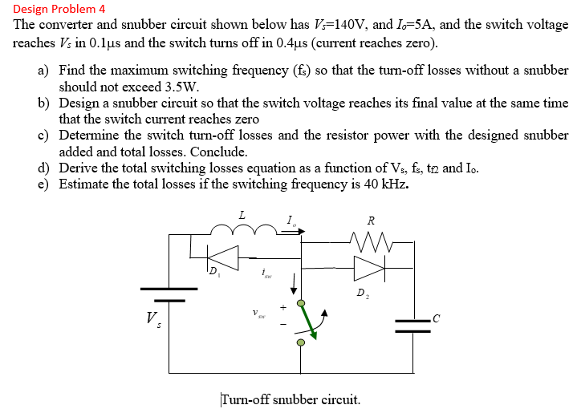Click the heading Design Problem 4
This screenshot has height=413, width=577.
coord(59,9)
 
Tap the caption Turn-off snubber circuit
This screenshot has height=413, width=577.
coord(290,399)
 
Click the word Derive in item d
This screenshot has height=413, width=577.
coord(80,168)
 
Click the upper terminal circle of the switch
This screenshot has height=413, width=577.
coord(301,302)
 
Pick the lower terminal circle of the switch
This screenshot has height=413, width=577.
coord(301,342)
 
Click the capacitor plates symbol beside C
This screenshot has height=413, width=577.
coord(414,323)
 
